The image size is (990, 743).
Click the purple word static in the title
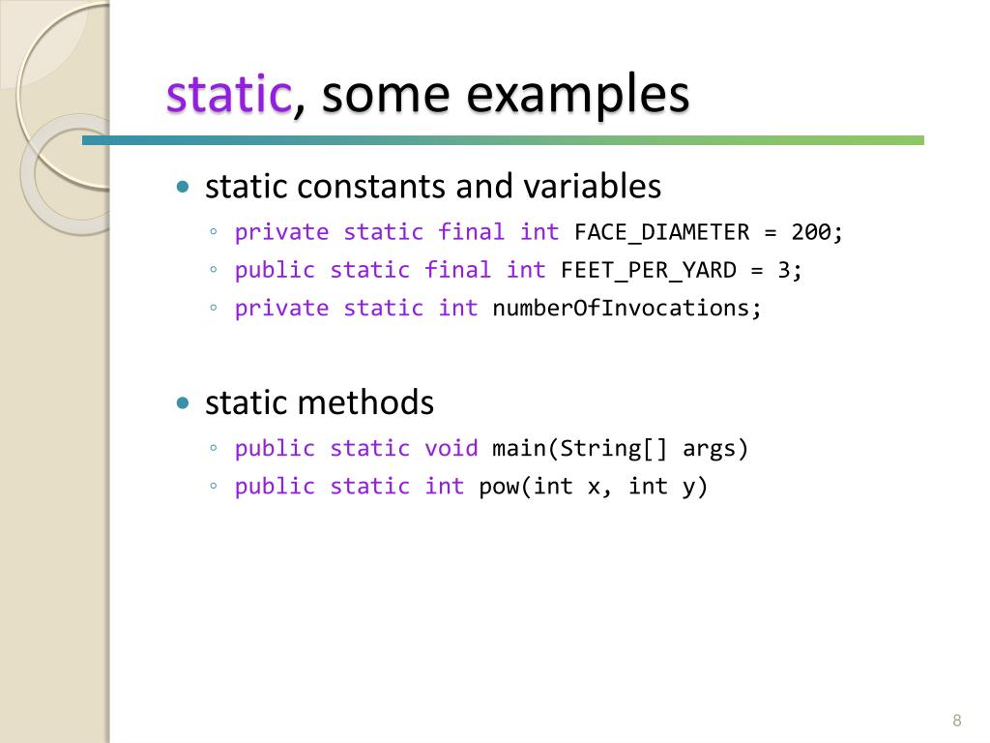tap(228, 95)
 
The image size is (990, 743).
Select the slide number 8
tap(956, 720)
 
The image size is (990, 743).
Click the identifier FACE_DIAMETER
tap(661, 232)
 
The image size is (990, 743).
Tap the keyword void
tap(451, 448)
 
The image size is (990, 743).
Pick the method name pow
tap(499, 486)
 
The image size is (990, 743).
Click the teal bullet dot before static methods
tap(184, 403)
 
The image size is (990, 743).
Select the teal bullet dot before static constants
tap(184, 187)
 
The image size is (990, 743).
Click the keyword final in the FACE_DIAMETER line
tap(472, 232)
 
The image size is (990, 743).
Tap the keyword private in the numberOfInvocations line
tap(282, 308)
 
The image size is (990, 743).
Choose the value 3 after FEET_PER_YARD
tap(784, 270)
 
